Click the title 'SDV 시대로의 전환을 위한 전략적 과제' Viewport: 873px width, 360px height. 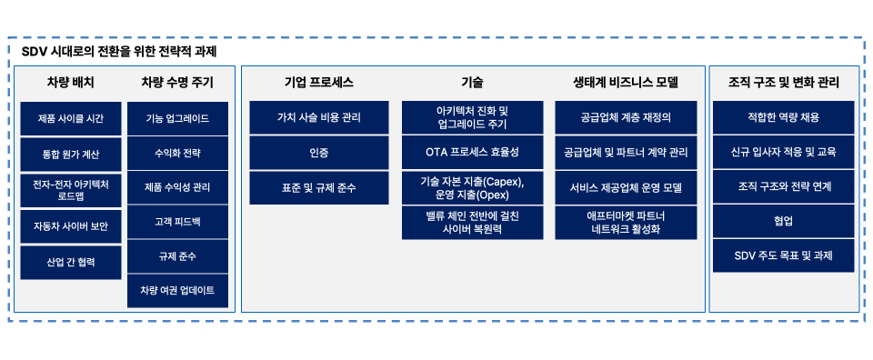[119, 52]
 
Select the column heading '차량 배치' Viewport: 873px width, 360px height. [70, 83]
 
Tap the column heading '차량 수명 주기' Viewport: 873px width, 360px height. [177, 83]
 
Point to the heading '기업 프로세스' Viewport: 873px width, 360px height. [318, 83]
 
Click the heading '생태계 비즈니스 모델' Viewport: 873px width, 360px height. [626, 83]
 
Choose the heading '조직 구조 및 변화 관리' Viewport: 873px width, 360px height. [783, 83]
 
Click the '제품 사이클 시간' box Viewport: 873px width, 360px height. [71, 119]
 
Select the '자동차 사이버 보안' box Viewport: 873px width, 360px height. [71, 226]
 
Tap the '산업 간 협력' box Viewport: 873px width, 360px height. [71, 262]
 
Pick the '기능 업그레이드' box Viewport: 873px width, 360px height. [178, 119]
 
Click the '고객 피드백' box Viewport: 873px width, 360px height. [178, 222]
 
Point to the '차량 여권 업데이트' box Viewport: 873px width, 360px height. [178, 290]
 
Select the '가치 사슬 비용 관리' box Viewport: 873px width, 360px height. [319, 117]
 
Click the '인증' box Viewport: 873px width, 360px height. [319, 152]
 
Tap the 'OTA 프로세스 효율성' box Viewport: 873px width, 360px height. [472, 152]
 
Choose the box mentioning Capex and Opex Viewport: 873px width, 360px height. [472, 187]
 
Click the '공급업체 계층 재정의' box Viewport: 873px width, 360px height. [626, 117]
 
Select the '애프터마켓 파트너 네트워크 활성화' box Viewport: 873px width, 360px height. [626, 223]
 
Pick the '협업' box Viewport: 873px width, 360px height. [783, 221]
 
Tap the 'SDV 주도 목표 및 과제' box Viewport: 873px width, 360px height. [783, 255]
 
